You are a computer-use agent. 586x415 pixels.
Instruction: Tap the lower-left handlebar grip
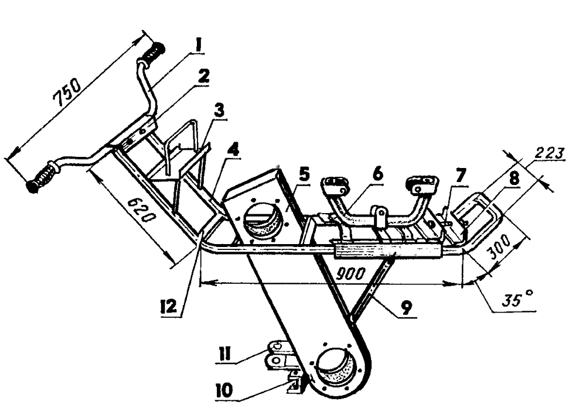pyautogui.click(x=42, y=178)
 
